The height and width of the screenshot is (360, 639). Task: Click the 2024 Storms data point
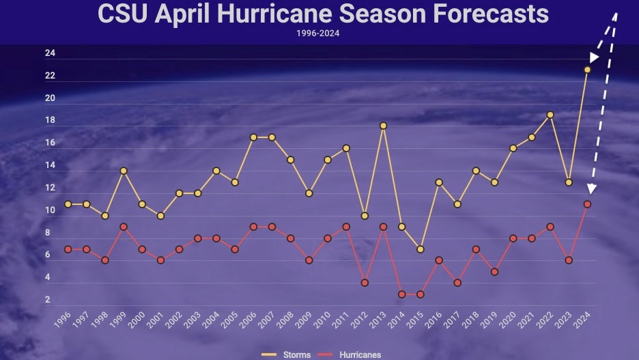[587, 70]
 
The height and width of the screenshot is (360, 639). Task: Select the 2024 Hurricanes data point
[587, 204]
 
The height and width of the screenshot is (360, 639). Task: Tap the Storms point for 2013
[384, 126]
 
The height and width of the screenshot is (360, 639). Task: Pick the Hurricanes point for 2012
[365, 283]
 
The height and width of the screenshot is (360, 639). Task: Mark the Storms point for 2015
[421, 249]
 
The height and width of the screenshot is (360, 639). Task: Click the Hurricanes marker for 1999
[124, 227]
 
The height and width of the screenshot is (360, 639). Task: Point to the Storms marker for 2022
[550, 115]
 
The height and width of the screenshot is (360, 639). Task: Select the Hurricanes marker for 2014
[402, 294]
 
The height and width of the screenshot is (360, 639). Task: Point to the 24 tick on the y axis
[50, 53]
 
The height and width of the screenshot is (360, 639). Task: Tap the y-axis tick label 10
[50, 210]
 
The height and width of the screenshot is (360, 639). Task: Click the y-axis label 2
[48, 300]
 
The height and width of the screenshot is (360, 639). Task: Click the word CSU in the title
[123, 14]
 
